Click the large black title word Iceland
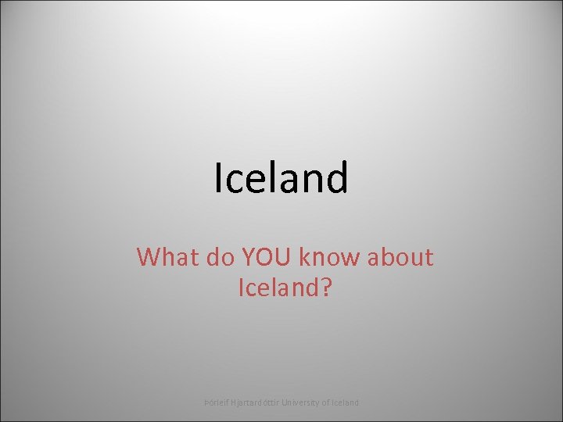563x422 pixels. pos(281,178)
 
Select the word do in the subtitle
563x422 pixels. pos(218,256)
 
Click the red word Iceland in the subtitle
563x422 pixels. pos(278,288)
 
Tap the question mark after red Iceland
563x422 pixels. pos(327,288)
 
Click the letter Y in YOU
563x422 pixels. pos(247,256)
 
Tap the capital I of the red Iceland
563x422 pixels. pos(239,288)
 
